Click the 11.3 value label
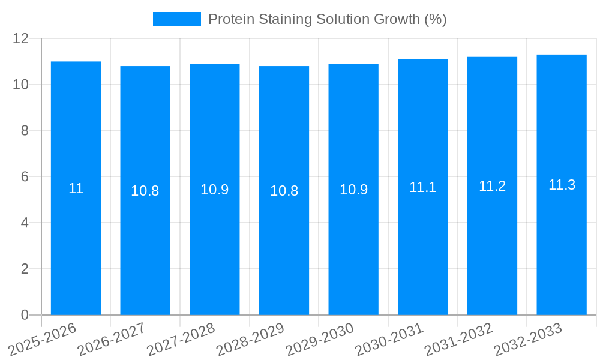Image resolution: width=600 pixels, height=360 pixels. [562, 185]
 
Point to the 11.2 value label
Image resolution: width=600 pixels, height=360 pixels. [492, 186]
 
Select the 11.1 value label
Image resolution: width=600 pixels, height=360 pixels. [422, 187]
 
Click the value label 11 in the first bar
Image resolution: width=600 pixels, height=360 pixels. [76, 188]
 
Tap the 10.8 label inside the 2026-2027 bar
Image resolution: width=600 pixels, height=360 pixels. [145, 191]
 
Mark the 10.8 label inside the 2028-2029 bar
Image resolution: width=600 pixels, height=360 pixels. [284, 191]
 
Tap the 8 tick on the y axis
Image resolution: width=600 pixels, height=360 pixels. [25, 131]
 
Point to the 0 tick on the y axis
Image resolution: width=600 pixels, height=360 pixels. [25, 315]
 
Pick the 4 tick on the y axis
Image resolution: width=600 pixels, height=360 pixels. [25, 223]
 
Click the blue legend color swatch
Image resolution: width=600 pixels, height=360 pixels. [176, 19]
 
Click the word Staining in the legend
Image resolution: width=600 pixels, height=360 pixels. [281, 19]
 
